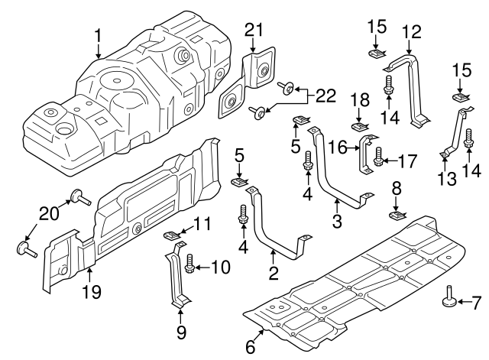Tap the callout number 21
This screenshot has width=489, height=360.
pos(254,30)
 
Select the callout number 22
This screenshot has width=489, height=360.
pos(325,96)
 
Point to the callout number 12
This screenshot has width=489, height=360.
pos(411,32)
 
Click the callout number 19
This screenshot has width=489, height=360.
pos(90,291)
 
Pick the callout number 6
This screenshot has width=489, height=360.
pos(250,346)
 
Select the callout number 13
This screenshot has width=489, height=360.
pos(444,178)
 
